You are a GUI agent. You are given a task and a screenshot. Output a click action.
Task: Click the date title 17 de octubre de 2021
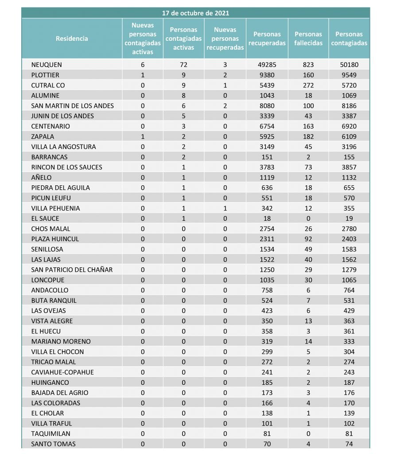(x=195, y=13)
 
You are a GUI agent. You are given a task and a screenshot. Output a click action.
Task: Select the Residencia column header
(x=72, y=39)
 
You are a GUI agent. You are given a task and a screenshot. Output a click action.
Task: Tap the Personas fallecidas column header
(x=308, y=39)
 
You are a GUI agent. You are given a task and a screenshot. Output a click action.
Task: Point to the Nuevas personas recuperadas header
(x=225, y=39)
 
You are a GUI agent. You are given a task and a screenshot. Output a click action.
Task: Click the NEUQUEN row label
(x=47, y=65)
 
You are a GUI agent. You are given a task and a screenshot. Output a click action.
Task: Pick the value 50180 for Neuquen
(x=349, y=65)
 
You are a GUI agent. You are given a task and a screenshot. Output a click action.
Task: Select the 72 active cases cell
(x=183, y=65)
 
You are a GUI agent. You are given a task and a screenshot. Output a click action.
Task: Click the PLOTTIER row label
(x=45, y=75)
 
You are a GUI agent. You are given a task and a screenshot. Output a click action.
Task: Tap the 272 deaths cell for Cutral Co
(x=308, y=85)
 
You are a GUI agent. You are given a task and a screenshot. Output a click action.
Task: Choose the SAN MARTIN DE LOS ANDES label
(x=73, y=106)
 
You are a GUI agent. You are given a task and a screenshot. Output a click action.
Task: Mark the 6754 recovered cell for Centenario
(x=266, y=126)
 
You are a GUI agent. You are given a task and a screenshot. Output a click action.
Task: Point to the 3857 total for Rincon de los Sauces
(x=349, y=167)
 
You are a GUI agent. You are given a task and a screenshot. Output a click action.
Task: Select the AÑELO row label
(x=42, y=177)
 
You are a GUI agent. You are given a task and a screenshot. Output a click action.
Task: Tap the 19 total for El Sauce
(x=349, y=218)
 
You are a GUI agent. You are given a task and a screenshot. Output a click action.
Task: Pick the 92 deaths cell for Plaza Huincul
(x=308, y=239)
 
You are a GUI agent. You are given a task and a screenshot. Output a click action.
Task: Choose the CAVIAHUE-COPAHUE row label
(x=62, y=372)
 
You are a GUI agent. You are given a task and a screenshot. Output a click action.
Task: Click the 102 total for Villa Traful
(x=349, y=423)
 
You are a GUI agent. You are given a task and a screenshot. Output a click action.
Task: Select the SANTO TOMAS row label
(x=53, y=444)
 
